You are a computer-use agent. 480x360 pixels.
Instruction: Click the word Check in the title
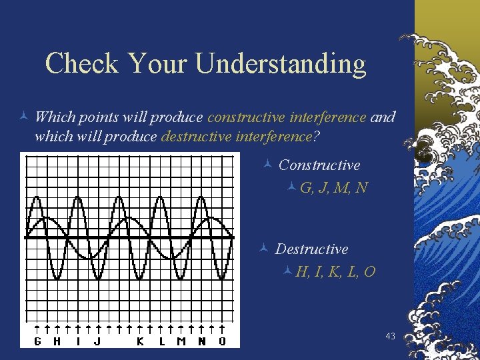click(x=81, y=64)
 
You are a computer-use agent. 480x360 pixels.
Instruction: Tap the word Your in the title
click(x=158, y=64)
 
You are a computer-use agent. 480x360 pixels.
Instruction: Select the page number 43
click(x=391, y=337)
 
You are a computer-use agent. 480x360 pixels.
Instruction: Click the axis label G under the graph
click(x=37, y=341)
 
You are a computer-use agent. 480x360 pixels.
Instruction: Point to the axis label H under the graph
click(x=57, y=341)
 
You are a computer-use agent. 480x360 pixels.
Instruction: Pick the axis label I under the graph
click(x=78, y=341)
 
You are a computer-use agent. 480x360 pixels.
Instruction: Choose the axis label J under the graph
click(x=98, y=341)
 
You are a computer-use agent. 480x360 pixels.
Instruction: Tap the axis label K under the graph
click(x=140, y=341)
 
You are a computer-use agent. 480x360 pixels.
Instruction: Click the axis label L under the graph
click(x=161, y=341)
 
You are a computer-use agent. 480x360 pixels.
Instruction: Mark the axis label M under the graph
click(x=181, y=341)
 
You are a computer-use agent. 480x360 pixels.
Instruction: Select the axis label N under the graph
click(x=202, y=341)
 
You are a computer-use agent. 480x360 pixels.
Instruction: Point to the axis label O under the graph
click(x=222, y=341)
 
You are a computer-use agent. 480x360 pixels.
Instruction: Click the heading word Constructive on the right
click(x=319, y=165)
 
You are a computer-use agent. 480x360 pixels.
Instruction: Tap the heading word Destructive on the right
click(x=311, y=249)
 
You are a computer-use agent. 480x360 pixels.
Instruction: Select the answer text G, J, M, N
click(x=333, y=188)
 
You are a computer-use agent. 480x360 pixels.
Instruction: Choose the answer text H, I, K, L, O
click(x=335, y=272)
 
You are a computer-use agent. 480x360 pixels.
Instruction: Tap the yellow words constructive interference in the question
click(x=287, y=117)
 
